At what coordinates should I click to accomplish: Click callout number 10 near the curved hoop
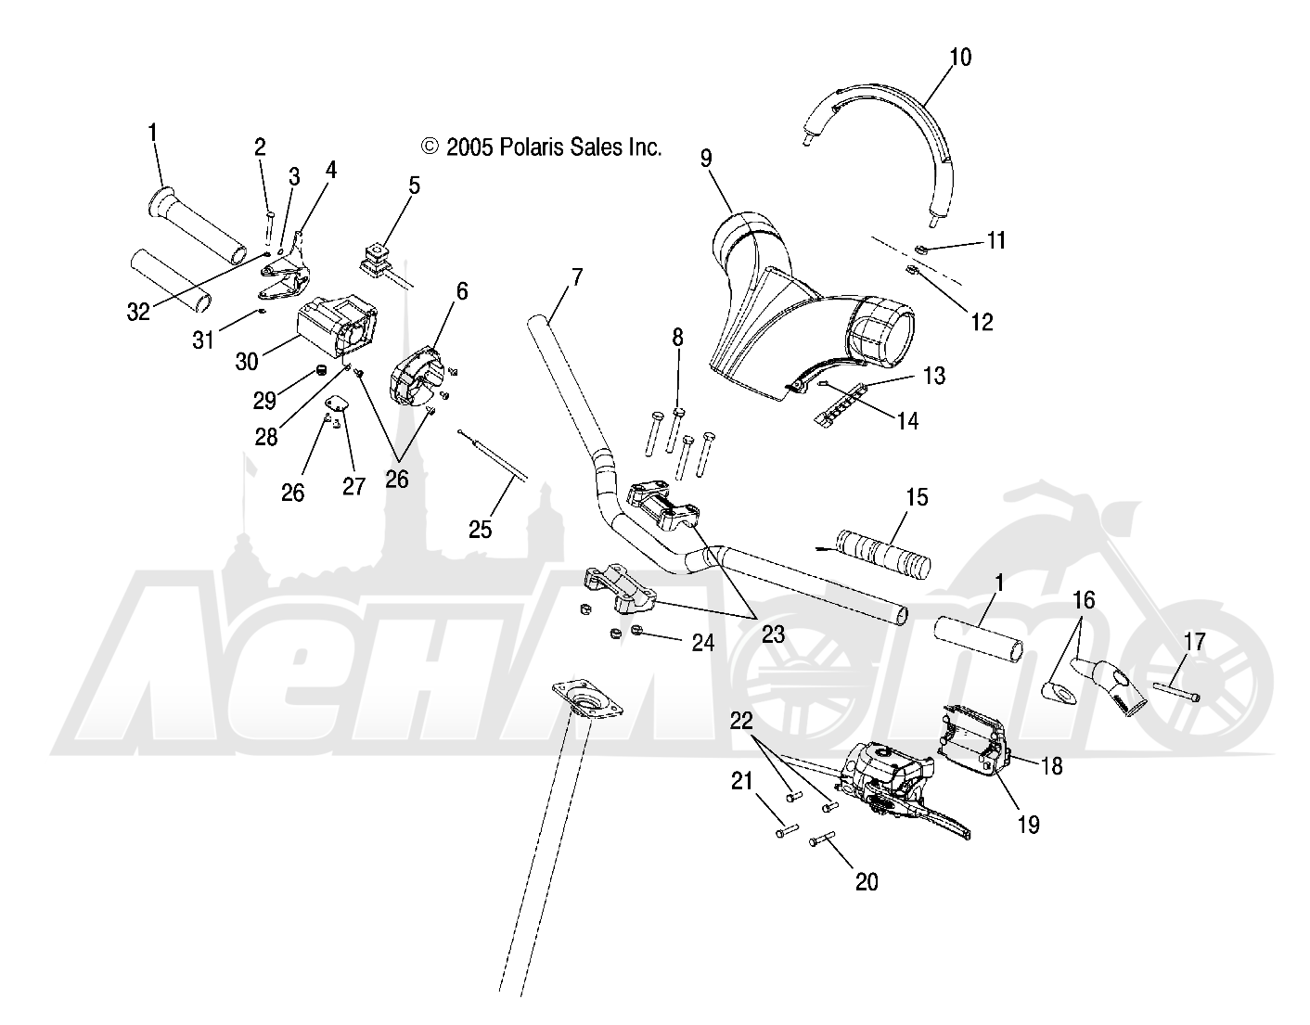(x=960, y=58)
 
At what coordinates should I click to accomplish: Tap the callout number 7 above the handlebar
(x=577, y=276)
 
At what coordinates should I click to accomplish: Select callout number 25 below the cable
(x=480, y=530)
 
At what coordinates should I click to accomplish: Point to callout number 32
(x=138, y=313)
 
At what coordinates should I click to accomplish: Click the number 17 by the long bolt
(x=1194, y=641)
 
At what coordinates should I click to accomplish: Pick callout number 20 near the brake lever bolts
(x=866, y=882)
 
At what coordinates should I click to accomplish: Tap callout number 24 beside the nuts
(x=702, y=641)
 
